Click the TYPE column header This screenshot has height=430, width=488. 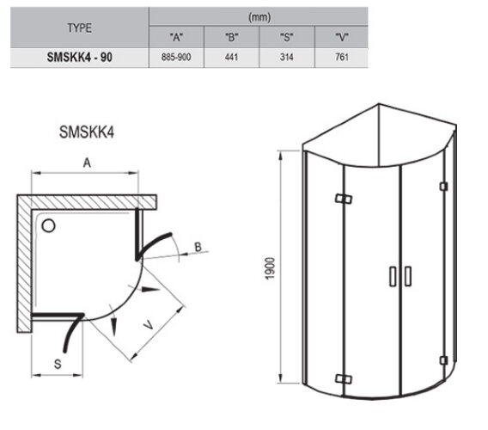[x=80, y=28]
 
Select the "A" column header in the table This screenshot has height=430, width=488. [x=176, y=37]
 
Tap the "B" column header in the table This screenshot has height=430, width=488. [x=232, y=37]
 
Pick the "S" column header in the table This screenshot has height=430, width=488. [x=287, y=37]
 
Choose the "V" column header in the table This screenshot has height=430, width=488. [x=341, y=37]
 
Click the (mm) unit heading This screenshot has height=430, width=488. [x=259, y=17]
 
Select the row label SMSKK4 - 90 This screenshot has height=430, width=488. [x=80, y=58]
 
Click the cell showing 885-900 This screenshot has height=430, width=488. [x=176, y=58]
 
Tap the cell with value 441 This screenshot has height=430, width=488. [x=232, y=58]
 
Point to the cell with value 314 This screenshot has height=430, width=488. [x=287, y=58]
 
